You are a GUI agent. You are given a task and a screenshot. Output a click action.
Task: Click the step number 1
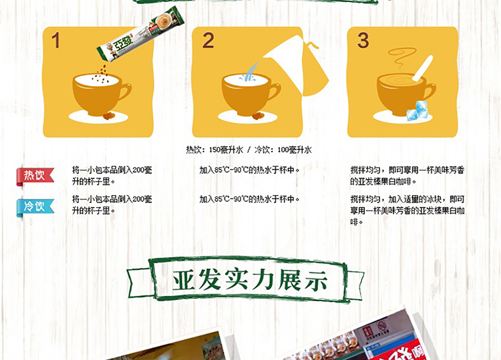[x=55, y=41]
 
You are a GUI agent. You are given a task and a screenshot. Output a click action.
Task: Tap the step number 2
[x=208, y=41]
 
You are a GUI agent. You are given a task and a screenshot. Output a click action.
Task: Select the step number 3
[x=363, y=41]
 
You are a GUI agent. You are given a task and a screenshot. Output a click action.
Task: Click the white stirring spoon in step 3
[x=422, y=68]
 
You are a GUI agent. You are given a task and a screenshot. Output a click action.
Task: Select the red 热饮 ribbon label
[x=35, y=176]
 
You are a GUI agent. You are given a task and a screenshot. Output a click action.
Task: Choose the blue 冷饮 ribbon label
[x=35, y=207]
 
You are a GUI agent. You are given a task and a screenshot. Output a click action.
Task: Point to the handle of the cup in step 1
[x=126, y=93]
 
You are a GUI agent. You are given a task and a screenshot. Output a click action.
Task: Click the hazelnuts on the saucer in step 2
[x=258, y=116]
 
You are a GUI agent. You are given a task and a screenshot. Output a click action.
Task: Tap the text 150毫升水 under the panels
[x=226, y=150]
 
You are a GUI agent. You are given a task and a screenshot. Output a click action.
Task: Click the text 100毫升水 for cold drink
[x=295, y=150]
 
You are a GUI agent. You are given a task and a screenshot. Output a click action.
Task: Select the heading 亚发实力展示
[x=251, y=281]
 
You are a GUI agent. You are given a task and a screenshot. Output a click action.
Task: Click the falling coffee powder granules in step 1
[x=102, y=75]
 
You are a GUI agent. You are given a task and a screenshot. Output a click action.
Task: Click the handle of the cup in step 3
[x=429, y=92]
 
